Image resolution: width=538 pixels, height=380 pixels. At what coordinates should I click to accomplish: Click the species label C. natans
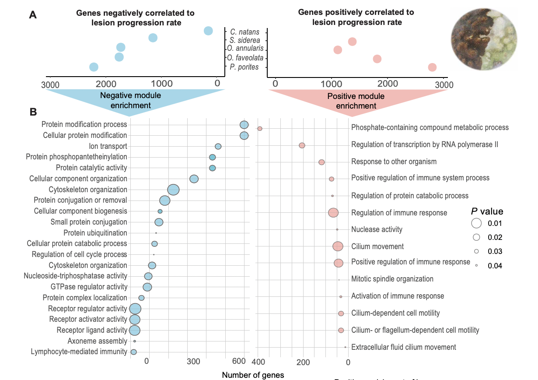(x=245, y=32)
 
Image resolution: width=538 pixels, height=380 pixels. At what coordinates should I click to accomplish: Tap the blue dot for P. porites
(x=94, y=67)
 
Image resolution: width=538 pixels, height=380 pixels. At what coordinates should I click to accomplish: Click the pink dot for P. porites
(x=432, y=67)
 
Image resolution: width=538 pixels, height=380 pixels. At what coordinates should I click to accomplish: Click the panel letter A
(x=33, y=15)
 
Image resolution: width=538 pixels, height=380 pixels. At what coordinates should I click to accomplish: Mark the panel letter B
(x=33, y=112)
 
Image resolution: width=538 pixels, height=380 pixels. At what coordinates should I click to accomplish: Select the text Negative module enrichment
(x=130, y=100)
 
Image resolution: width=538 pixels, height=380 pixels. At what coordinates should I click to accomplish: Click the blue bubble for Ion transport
(x=218, y=146)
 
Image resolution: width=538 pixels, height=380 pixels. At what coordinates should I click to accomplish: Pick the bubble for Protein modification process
(x=244, y=125)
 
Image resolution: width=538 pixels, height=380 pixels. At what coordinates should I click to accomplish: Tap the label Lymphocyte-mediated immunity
(x=79, y=352)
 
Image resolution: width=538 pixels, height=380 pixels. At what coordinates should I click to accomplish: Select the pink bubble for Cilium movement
(x=338, y=246)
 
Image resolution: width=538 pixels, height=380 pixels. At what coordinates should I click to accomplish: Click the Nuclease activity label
(x=377, y=229)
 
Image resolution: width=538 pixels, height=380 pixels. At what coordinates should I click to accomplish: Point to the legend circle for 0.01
(x=476, y=223)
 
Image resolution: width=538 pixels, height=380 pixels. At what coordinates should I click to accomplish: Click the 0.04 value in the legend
(x=495, y=265)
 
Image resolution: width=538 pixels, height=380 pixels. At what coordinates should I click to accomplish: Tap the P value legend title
(x=487, y=211)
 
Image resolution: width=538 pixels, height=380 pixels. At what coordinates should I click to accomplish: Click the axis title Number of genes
(x=253, y=375)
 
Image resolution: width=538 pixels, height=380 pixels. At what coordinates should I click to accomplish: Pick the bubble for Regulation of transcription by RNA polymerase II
(x=302, y=145)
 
